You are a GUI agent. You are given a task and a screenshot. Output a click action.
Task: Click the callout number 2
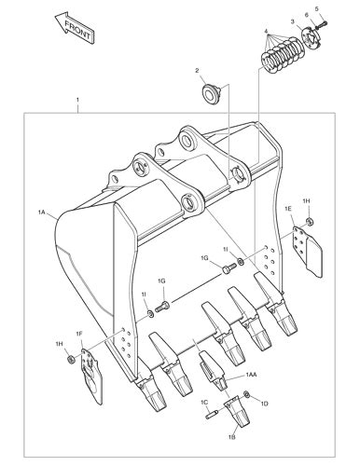(197, 71)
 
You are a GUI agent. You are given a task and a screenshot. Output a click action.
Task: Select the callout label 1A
(42, 213)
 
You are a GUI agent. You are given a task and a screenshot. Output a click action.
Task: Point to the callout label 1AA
(251, 374)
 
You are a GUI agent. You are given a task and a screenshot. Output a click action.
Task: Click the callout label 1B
(232, 436)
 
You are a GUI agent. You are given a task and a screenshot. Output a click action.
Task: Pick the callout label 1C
(204, 402)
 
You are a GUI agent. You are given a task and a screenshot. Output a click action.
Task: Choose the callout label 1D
(264, 404)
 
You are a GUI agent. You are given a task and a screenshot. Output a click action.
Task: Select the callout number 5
(316, 8)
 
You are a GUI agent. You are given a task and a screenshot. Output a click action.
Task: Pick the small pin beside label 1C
(215, 413)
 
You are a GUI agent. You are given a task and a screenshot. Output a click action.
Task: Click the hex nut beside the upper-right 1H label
(309, 221)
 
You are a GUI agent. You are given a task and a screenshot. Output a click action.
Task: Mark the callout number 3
(292, 21)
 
